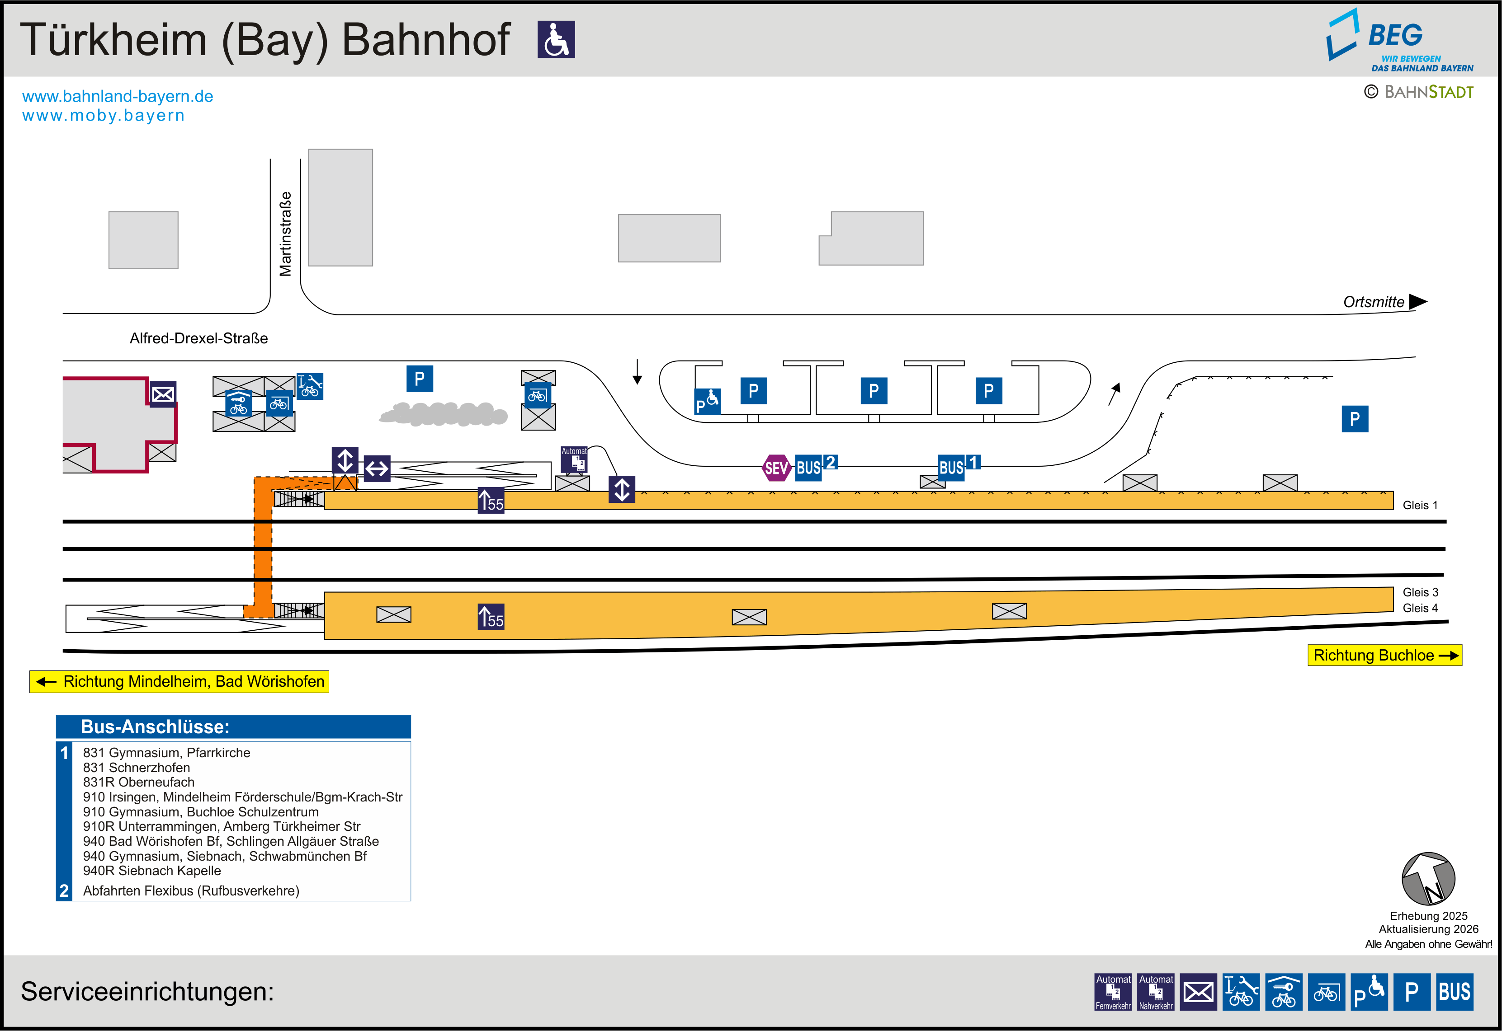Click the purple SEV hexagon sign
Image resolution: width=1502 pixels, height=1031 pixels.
pyautogui.click(x=776, y=468)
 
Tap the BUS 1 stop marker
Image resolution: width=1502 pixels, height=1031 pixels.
pyautogui.click(x=959, y=466)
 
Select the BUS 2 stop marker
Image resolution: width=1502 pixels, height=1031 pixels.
pyautogui.click(x=816, y=466)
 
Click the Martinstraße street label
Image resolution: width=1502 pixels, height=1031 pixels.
pyautogui.click(x=285, y=234)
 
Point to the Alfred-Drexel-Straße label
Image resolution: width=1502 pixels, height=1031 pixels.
pyautogui.click(x=198, y=338)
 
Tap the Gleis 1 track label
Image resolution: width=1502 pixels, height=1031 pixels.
pyautogui.click(x=1420, y=505)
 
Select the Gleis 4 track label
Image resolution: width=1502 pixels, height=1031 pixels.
pyautogui.click(x=1420, y=608)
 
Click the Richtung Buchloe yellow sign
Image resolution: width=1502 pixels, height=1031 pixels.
pyautogui.click(x=1384, y=655)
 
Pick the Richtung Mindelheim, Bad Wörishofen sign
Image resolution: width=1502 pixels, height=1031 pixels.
pyautogui.click(x=179, y=681)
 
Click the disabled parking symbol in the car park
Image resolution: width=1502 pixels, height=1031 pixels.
pyautogui.click(x=707, y=401)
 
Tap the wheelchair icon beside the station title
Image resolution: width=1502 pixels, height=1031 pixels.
pyautogui.click(x=556, y=39)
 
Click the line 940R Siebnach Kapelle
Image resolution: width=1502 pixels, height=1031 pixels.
pyautogui.click(x=152, y=871)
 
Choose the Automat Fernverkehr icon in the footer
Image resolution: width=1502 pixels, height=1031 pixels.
pyautogui.click(x=1113, y=992)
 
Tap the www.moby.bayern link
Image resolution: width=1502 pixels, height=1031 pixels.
pyautogui.click(x=104, y=116)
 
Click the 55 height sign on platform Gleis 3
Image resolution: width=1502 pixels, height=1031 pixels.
pyautogui.click(x=491, y=616)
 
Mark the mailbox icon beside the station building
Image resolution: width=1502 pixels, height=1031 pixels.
pyautogui.click(x=163, y=394)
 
